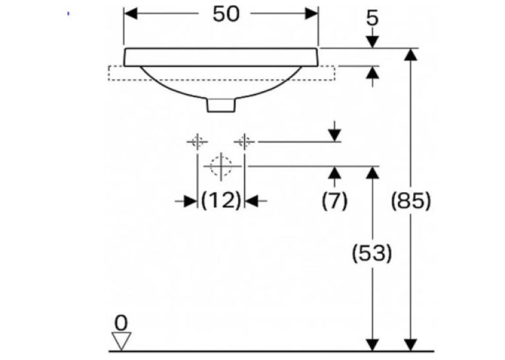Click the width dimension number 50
(226, 14)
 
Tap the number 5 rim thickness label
(372, 18)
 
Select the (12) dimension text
(221, 200)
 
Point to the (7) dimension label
(335, 200)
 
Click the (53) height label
(372, 253)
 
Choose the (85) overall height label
(411, 200)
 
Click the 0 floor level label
(121, 322)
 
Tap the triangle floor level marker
(121, 341)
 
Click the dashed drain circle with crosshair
(221, 166)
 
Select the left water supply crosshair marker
(197, 141)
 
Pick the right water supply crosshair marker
(244, 141)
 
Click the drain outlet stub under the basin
(221, 105)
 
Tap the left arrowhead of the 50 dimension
(131, 14)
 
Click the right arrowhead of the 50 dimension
(312, 14)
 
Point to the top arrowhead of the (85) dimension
(411, 54)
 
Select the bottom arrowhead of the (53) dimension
(372, 345)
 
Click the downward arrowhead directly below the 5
(372, 42)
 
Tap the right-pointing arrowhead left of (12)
(191, 201)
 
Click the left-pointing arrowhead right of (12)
(252, 201)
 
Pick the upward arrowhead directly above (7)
(335, 173)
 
